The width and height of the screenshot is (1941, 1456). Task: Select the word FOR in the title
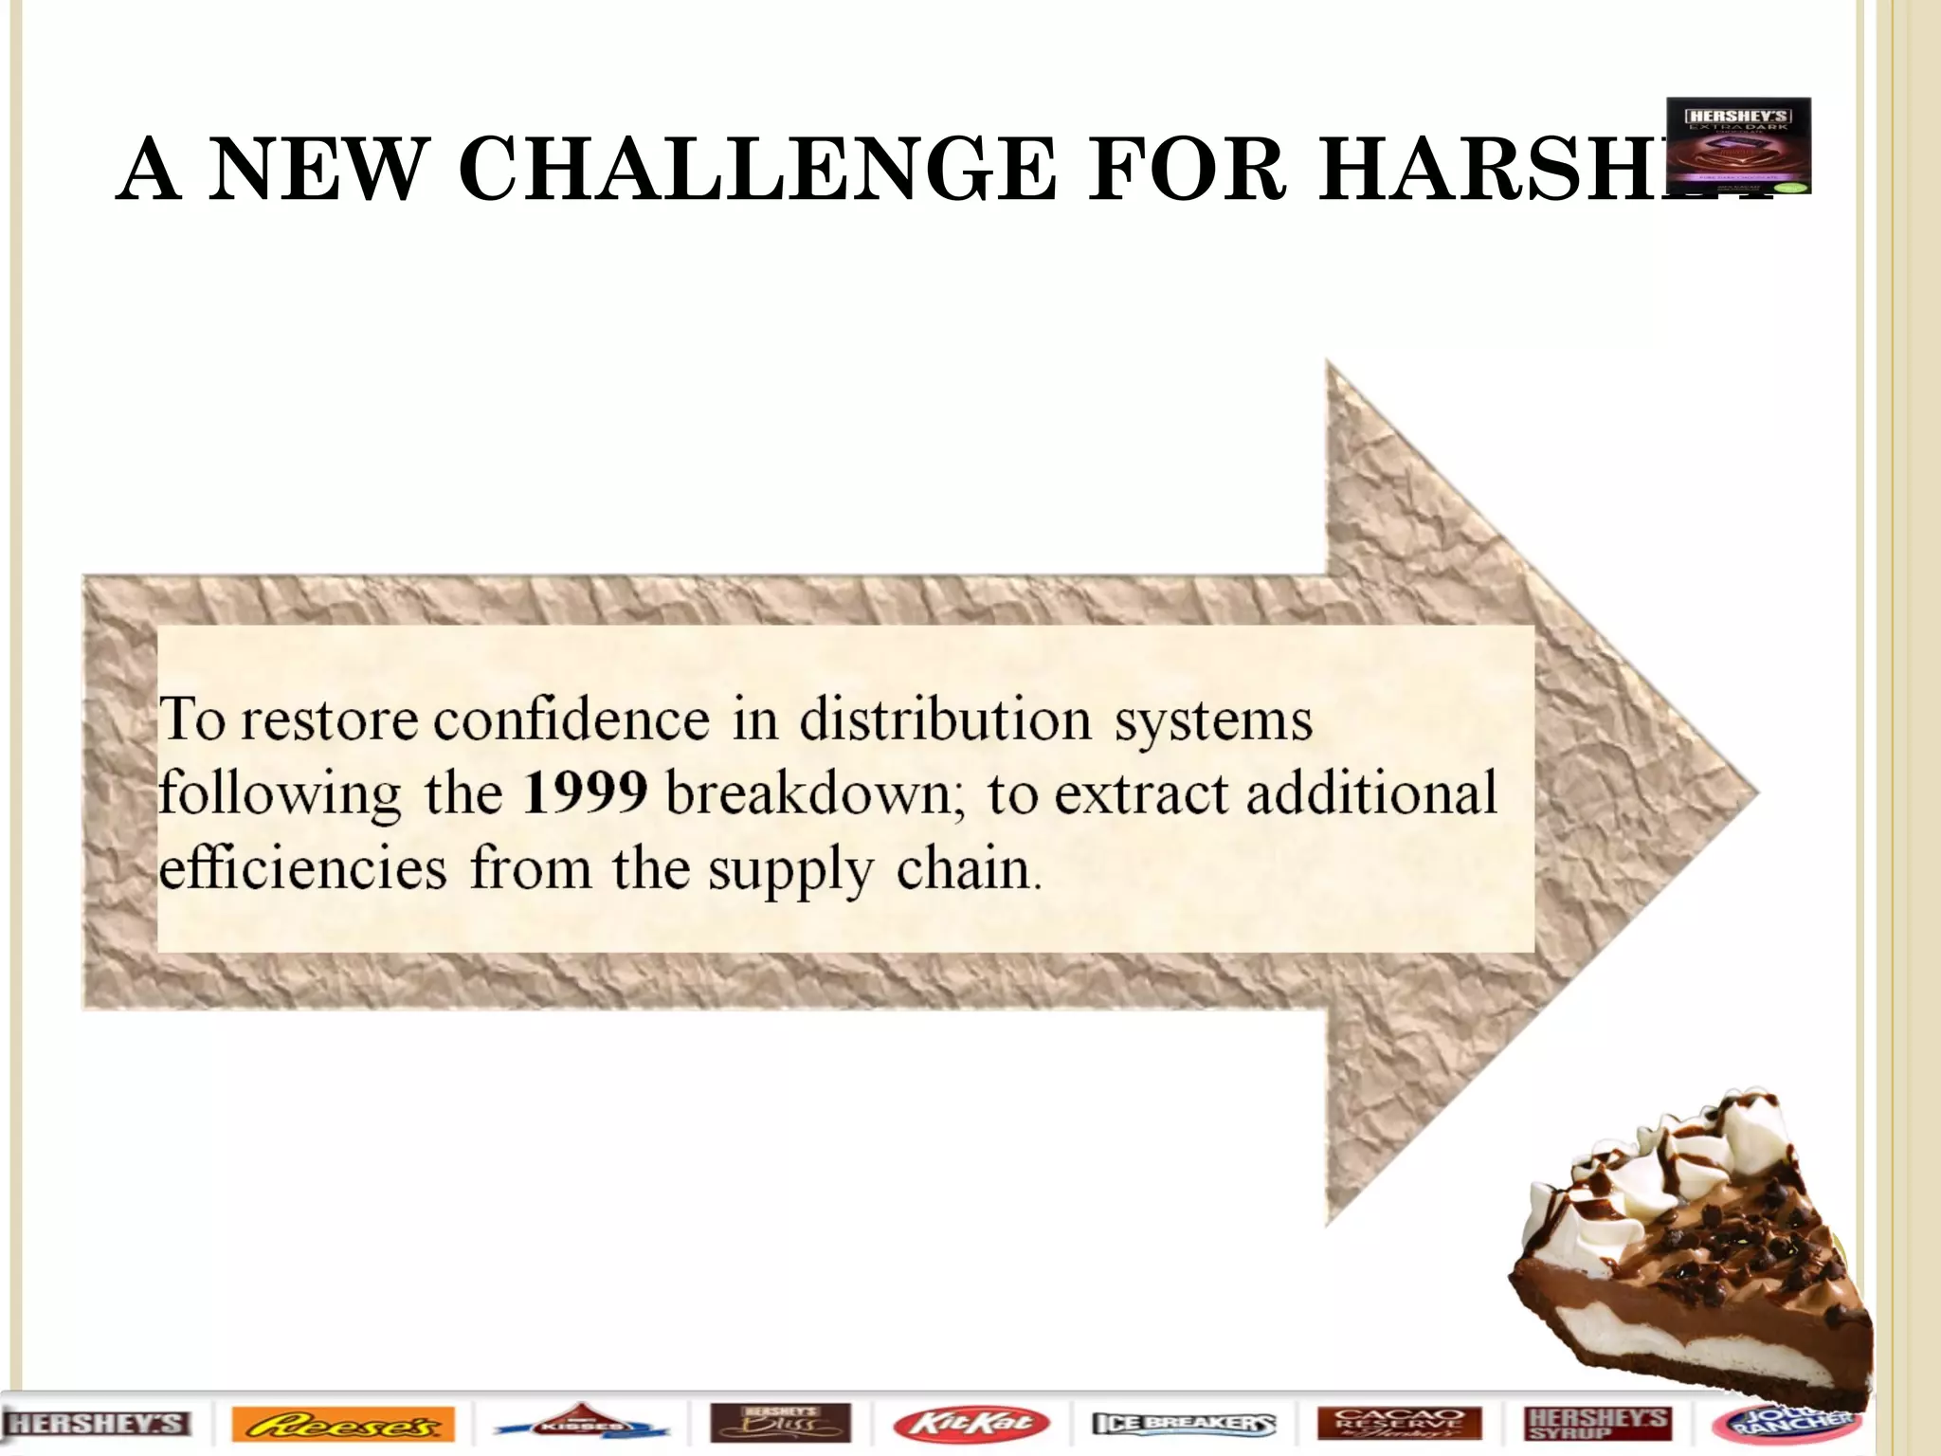pyautogui.click(x=1188, y=171)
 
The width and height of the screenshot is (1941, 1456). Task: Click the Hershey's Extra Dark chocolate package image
pyautogui.click(x=1738, y=145)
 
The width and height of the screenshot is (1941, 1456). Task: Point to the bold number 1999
pyautogui.click(x=585, y=792)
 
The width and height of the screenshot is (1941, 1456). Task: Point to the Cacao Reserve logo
pyautogui.click(x=1399, y=1424)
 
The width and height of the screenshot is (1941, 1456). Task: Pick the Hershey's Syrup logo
pyautogui.click(x=1599, y=1424)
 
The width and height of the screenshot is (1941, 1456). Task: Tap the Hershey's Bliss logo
pyautogui.click(x=780, y=1424)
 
